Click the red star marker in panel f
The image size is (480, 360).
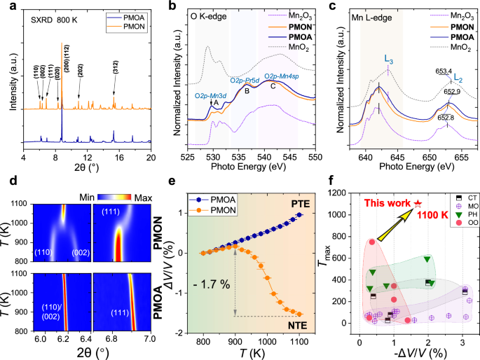(418, 203)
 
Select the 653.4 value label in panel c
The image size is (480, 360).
(444, 71)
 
